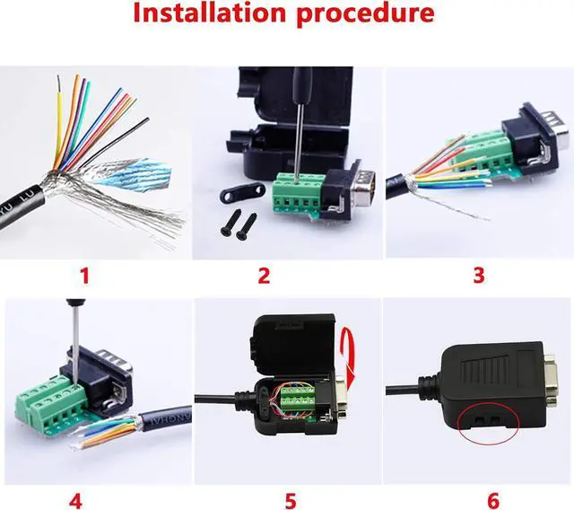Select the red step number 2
pos(264,275)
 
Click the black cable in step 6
pos(413,388)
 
